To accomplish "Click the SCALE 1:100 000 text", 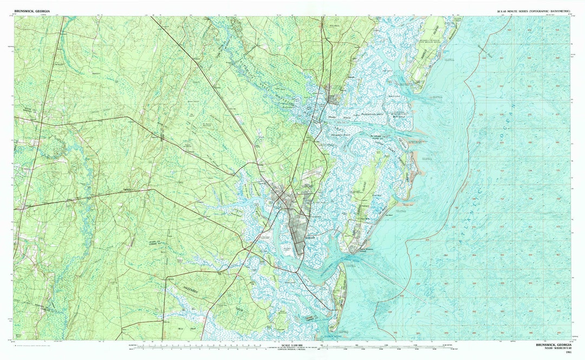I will point(292,344).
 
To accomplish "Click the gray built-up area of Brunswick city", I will point(297,227).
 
